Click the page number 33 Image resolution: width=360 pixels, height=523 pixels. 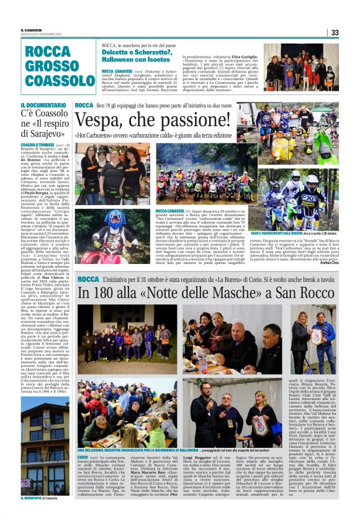pos(335,32)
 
